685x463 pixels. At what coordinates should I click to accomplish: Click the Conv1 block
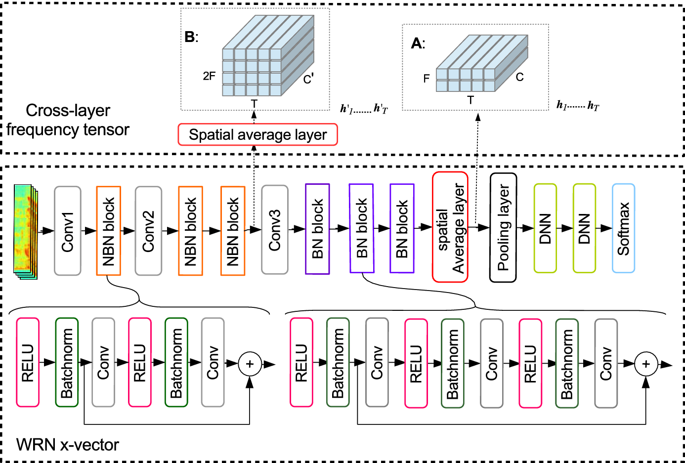point(67,231)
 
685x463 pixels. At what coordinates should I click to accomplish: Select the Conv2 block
point(148,231)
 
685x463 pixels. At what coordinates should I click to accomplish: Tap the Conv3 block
point(274,230)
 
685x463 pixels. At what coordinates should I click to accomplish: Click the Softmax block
point(623,228)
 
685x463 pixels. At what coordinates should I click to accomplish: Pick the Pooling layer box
point(503,228)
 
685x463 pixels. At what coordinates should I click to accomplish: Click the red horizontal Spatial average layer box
point(257,135)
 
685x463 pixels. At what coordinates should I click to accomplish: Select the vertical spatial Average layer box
point(450,227)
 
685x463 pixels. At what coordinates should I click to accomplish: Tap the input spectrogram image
point(26,229)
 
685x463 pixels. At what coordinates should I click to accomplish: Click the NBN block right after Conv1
point(108,231)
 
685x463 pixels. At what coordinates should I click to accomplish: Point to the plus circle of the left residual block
point(250,364)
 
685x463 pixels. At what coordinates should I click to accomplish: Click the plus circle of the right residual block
point(645,364)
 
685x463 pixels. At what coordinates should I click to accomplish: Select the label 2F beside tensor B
point(209,76)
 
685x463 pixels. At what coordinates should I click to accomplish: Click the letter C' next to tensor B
point(308,79)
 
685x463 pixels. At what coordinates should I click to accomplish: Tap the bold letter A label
point(417,43)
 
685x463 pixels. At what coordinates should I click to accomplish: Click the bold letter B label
point(190,37)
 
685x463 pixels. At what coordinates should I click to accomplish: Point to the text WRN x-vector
point(68,445)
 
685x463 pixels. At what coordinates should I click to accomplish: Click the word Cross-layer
point(68,110)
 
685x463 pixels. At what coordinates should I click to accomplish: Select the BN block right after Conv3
point(317,229)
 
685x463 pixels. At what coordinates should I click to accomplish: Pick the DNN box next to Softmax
point(584,228)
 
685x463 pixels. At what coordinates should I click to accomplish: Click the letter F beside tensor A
point(427,79)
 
